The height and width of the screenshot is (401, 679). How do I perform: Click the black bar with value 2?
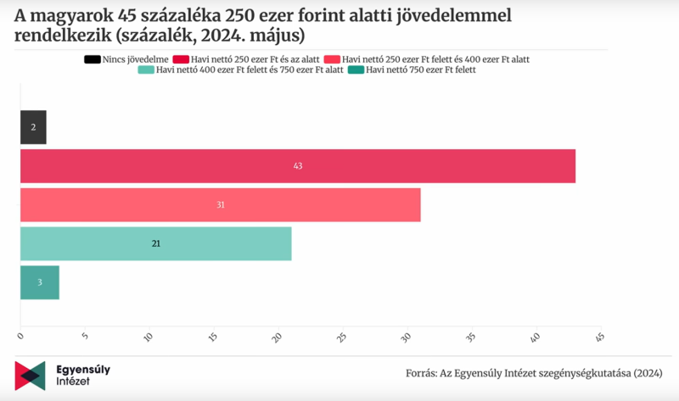click(x=33, y=127)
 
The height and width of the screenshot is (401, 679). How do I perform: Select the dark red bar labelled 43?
click(x=298, y=166)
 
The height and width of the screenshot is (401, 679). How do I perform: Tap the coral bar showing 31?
click(x=220, y=204)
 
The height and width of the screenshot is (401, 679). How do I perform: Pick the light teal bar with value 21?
click(x=155, y=243)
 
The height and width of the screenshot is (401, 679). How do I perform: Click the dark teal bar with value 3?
click(x=39, y=282)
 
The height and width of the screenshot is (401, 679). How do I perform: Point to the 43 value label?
click(x=298, y=166)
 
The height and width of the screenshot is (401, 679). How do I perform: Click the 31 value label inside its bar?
click(x=220, y=205)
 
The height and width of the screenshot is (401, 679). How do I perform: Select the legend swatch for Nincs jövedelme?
click(x=90, y=58)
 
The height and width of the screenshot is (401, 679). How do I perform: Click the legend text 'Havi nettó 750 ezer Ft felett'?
click(x=420, y=70)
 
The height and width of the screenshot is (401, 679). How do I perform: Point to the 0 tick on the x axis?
click(x=20, y=337)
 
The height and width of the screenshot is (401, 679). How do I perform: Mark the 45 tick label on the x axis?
click(x=599, y=337)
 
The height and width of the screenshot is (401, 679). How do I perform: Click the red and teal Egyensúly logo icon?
click(x=30, y=376)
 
